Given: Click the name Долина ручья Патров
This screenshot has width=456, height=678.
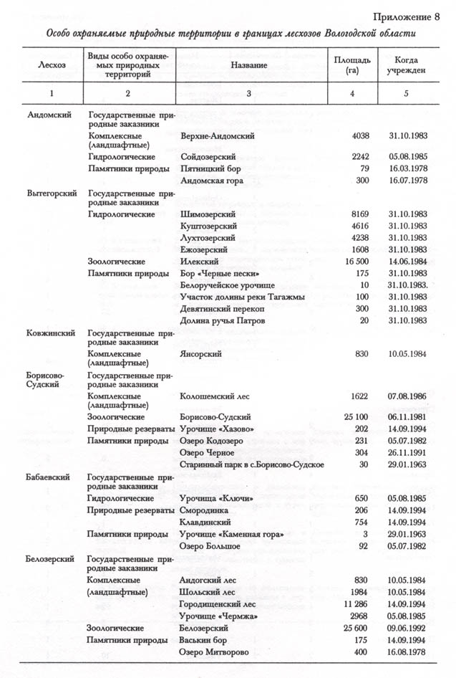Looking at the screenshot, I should coord(222,320).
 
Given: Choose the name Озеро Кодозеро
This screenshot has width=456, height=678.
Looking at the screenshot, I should coord(213,440).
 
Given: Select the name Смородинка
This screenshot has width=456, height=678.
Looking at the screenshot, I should coord(203,510).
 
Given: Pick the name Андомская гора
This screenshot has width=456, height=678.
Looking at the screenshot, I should coord(212,181).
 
